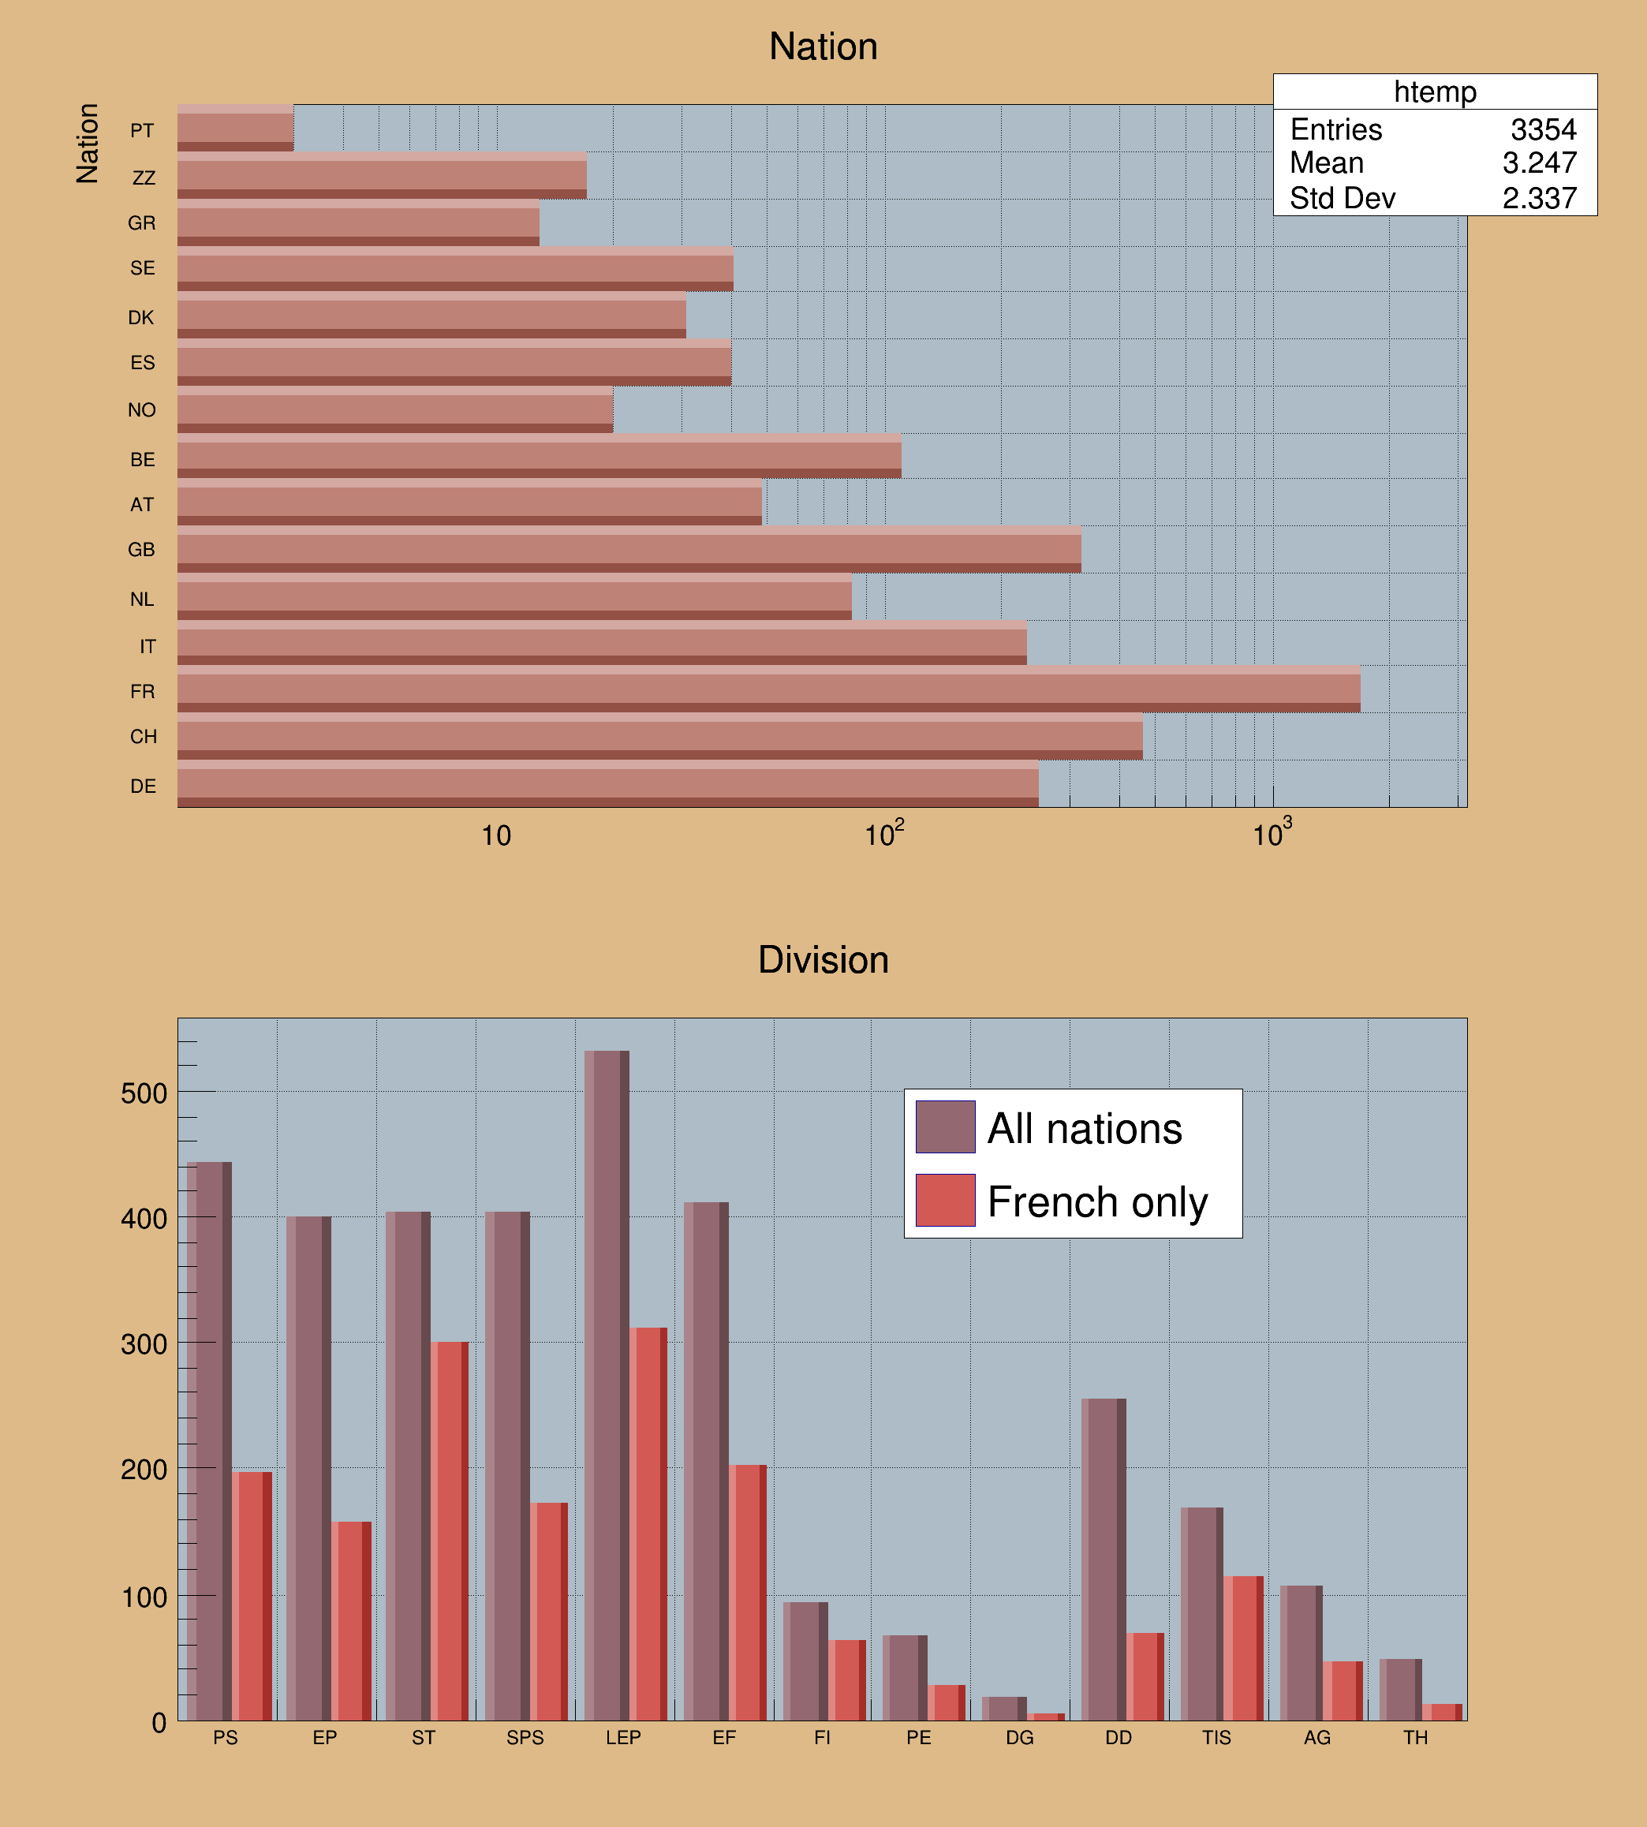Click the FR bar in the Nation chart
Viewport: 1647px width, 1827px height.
click(767, 689)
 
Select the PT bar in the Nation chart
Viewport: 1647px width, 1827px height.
click(235, 129)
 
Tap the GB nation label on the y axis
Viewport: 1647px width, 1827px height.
click(141, 550)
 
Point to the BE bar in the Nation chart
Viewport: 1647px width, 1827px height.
click(539, 456)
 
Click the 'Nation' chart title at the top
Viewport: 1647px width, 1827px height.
click(823, 47)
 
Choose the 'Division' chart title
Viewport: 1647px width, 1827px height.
click(823, 960)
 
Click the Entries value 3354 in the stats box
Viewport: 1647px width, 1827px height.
click(1543, 130)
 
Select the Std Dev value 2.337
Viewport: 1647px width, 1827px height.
click(1539, 198)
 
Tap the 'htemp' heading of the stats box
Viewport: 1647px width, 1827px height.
click(1434, 92)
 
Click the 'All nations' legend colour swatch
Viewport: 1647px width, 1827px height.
click(945, 1126)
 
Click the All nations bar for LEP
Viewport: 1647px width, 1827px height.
click(607, 1384)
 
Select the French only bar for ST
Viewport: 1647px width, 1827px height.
click(450, 1530)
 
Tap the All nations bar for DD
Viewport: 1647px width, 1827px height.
click(1104, 1559)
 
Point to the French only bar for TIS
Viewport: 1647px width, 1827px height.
click(1243, 1648)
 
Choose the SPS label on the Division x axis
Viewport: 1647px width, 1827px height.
click(525, 1737)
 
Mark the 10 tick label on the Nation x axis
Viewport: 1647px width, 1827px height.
click(496, 836)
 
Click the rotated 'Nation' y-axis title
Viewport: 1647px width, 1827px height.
click(88, 143)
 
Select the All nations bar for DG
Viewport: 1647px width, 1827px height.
click(1003, 1709)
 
